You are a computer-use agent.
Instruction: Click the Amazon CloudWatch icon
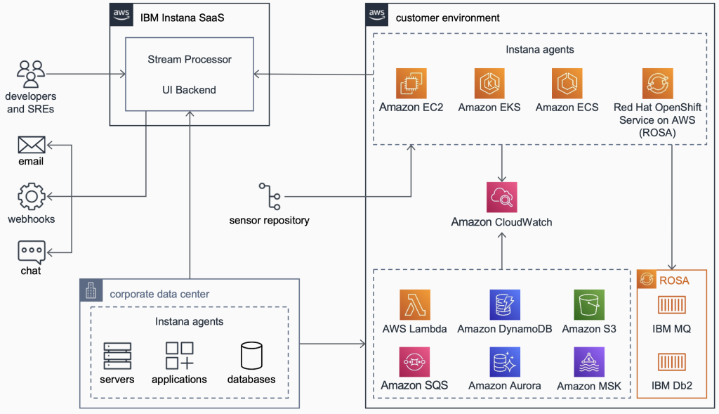click(501, 198)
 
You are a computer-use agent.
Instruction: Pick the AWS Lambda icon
click(414, 305)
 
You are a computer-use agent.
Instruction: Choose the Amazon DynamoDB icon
click(505, 305)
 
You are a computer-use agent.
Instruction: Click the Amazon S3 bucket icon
click(589, 305)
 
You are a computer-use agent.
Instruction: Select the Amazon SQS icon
click(414, 363)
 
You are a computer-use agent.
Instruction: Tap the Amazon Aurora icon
click(505, 363)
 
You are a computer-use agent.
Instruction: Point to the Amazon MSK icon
click(589, 363)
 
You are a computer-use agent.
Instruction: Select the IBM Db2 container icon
click(671, 363)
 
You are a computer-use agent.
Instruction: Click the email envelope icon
click(31, 145)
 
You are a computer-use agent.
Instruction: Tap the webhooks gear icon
click(31, 198)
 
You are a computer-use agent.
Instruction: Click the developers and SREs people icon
click(31, 73)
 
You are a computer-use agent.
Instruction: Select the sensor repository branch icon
click(269, 197)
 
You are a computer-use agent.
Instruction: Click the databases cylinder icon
click(251, 356)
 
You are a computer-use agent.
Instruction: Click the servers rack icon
click(117, 356)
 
